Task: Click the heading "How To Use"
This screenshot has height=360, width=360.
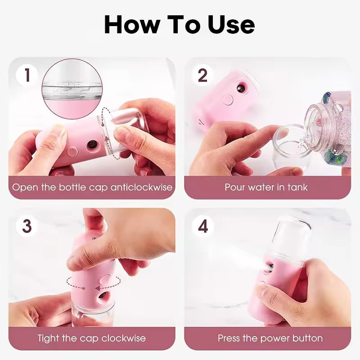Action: pyautogui.click(x=180, y=25)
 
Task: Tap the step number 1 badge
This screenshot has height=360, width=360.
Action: pyautogui.click(x=27, y=75)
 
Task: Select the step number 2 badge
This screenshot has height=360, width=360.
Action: pyautogui.click(x=203, y=75)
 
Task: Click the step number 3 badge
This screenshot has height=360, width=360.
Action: pyautogui.click(x=27, y=226)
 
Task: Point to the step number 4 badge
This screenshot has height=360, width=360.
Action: pyautogui.click(x=203, y=226)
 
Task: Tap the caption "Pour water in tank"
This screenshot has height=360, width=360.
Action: pyautogui.click(x=266, y=187)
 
